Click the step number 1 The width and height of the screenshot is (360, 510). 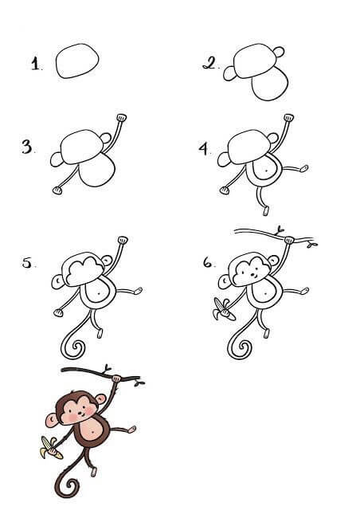pyautogui.click(x=35, y=64)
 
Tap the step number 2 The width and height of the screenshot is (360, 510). pyautogui.click(x=209, y=63)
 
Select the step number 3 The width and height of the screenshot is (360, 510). pyautogui.click(x=27, y=147)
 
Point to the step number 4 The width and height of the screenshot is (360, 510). pyautogui.click(x=204, y=148)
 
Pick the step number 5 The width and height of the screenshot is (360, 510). pyautogui.click(x=27, y=262)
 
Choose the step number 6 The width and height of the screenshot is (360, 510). pyautogui.click(x=208, y=262)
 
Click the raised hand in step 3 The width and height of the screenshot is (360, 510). pyautogui.click(x=122, y=117)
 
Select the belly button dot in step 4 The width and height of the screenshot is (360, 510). pyautogui.click(x=266, y=170)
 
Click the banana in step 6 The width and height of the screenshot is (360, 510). pyautogui.click(x=222, y=310)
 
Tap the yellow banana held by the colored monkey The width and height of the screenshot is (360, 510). pyautogui.click(x=50, y=448)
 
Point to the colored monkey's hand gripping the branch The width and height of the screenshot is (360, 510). pyautogui.click(x=116, y=379)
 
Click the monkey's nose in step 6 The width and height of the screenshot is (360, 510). pyautogui.click(x=253, y=276)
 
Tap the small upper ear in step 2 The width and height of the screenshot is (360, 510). pyautogui.click(x=279, y=52)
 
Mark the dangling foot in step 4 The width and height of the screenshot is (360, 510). pyautogui.click(x=266, y=210)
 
